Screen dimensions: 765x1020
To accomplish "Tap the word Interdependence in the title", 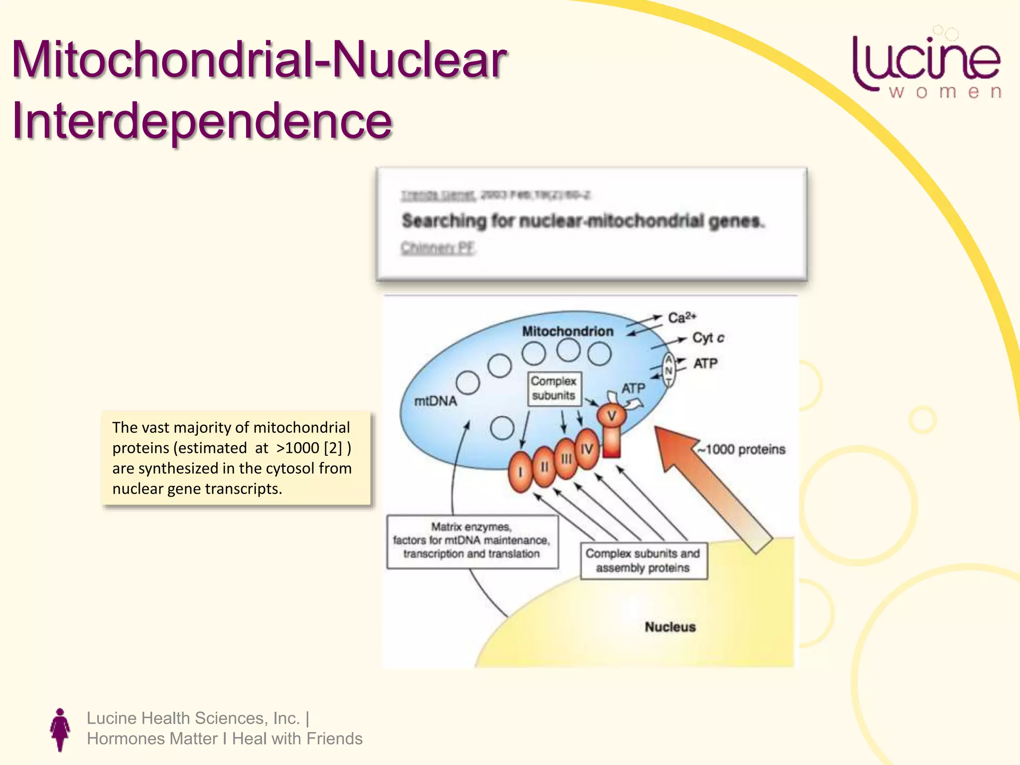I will (202, 121).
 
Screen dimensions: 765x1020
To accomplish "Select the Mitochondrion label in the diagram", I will (567, 331).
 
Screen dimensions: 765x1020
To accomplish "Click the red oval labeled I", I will (520, 472).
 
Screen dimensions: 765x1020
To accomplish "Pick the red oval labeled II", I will (544, 467).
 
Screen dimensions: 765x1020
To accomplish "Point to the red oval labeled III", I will (566, 459).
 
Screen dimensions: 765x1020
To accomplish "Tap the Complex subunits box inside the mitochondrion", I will (553, 388).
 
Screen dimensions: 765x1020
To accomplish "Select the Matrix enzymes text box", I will (472, 541).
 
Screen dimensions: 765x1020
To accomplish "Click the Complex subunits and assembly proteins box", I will (643, 561).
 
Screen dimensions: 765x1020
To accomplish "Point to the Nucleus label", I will (670, 627).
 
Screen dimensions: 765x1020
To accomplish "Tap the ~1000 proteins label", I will (741, 449).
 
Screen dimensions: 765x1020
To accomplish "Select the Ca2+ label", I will (682, 318).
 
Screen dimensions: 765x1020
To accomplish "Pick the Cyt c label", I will (708, 338).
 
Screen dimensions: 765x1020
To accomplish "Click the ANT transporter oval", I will (669, 370).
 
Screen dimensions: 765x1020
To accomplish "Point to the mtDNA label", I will (435, 401).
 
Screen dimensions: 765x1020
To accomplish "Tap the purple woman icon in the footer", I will (60, 729).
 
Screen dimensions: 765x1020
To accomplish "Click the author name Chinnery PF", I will (438, 248).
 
